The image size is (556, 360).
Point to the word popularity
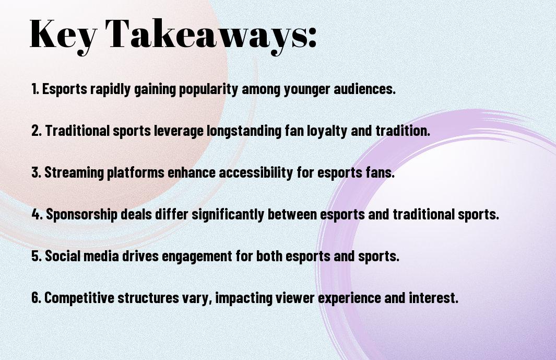point(208,89)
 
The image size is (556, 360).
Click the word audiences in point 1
point(364,89)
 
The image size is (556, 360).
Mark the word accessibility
point(256,173)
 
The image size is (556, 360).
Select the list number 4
point(37,214)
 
